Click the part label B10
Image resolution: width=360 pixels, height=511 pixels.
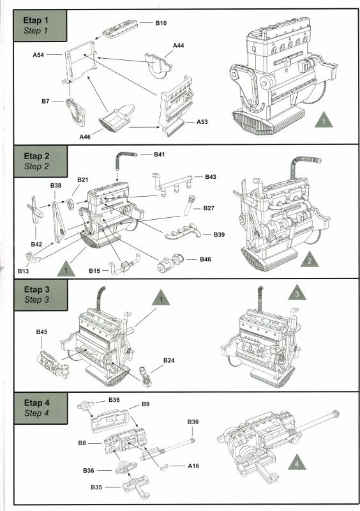pos(161,23)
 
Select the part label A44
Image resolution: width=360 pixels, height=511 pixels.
pos(179,45)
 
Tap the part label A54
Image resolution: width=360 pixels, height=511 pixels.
pos(38,55)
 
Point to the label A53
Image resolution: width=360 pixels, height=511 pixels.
pos(202,122)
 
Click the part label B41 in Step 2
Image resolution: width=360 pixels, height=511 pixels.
pos(160,155)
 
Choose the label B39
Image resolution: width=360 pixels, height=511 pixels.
pos(220,234)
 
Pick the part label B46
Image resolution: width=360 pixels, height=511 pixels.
pos(206,259)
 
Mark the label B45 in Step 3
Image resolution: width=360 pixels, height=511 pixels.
pos(41,332)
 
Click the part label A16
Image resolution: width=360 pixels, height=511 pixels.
pos(193,466)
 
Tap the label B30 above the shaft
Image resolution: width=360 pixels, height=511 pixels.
pos(193,422)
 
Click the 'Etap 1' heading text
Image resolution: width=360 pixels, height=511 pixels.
pos(36,20)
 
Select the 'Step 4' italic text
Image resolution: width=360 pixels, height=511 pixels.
pos(36,413)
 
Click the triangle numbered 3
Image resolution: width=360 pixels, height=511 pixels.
pos(297,293)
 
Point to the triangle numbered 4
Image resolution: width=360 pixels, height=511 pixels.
pos(297,462)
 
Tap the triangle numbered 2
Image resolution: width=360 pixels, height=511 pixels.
pos(309,260)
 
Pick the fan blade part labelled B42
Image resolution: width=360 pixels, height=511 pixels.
pos(34,210)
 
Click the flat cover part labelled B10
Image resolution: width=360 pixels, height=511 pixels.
pos(120,29)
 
